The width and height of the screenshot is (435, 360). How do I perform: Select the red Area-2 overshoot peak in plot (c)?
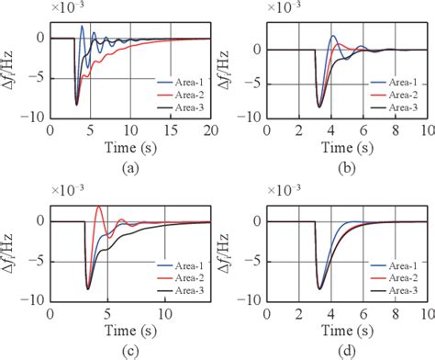[99, 208]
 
